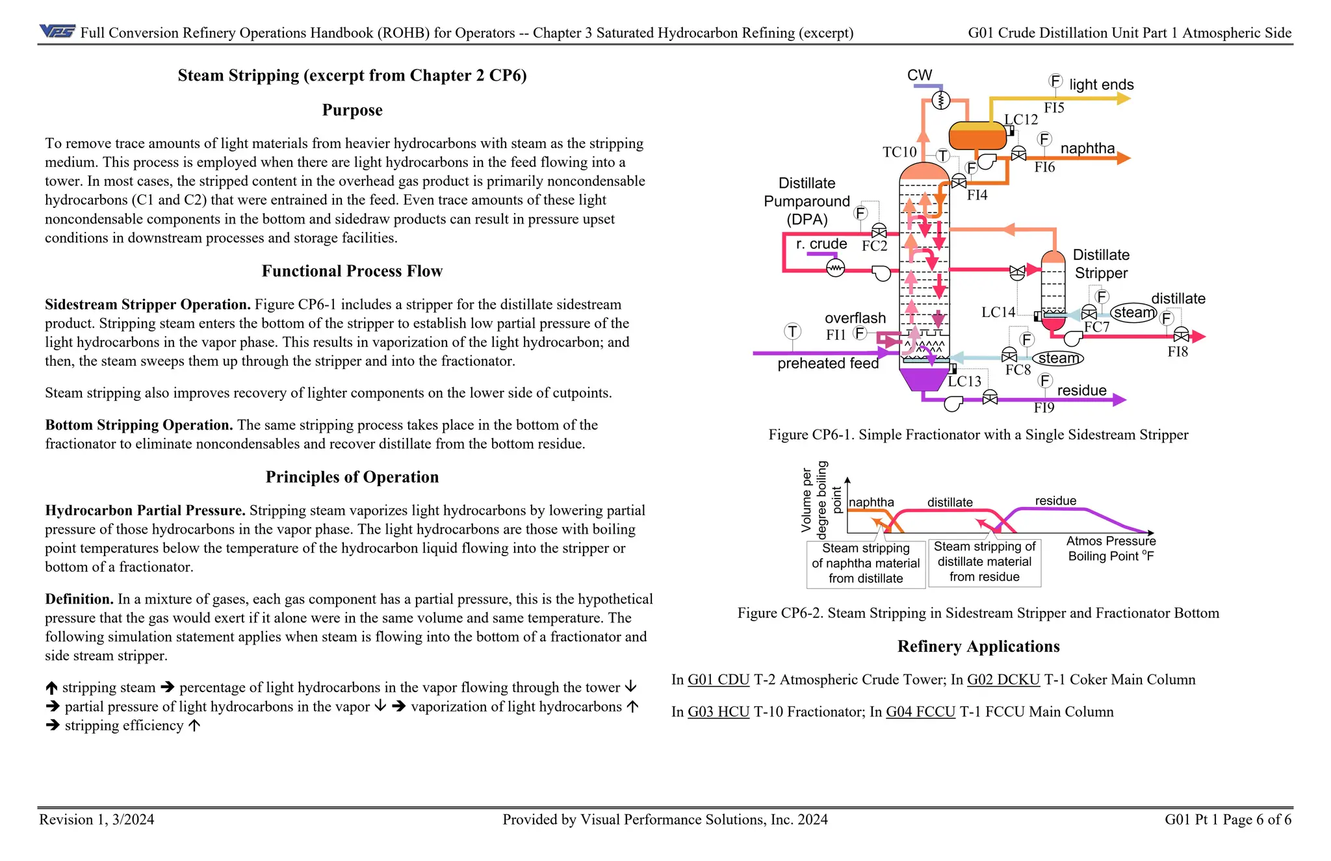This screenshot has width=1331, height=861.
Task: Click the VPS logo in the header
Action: tap(57, 31)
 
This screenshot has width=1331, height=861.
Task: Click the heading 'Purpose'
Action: tap(352, 110)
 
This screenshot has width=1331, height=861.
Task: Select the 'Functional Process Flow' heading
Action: tap(352, 271)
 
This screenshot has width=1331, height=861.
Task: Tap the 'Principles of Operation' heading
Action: tap(352, 477)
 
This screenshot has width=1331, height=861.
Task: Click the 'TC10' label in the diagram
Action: tap(899, 152)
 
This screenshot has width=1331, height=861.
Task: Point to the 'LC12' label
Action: tap(1020, 120)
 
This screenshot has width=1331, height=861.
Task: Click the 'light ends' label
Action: tap(1101, 84)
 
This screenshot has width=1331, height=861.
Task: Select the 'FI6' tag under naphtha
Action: tap(1044, 168)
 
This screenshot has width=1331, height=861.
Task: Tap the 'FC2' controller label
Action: tap(874, 246)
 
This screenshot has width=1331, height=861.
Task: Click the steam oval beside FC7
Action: tap(1133, 313)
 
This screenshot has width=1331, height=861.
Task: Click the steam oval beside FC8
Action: tap(1057, 358)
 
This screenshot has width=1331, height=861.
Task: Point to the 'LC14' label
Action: tap(998, 313)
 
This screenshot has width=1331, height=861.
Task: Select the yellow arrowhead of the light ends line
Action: tap(1124, 99)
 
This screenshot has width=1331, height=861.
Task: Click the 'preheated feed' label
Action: tap(827, 364)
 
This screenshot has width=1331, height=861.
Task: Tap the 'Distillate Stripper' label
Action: tap(1100, 264)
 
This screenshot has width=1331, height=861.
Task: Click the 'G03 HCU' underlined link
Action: tap(718, 712)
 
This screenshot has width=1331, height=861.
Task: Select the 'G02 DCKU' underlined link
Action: tap(1003, 680)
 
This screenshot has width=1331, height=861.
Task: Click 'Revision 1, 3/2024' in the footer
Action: tap(96, 819)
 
